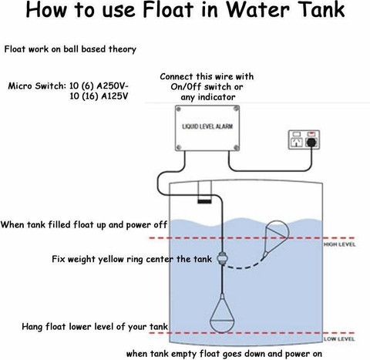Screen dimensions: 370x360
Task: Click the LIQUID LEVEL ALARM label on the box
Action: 207,126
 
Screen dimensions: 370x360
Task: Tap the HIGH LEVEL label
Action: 339,244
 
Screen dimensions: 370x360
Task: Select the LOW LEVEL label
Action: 339,339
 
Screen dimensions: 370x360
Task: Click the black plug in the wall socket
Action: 311,142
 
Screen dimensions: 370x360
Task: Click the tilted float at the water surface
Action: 277,237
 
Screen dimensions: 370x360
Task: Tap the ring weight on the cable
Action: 221,258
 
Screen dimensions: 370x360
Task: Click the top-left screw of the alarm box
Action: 178,109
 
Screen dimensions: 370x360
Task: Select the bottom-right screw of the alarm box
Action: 236,147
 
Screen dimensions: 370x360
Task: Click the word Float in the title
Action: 168,9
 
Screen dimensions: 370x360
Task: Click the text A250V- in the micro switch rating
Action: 113,86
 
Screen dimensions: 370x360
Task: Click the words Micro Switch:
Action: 37,86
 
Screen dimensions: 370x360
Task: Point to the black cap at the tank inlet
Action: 204,201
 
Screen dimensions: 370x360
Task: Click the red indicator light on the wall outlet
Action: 311,133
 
